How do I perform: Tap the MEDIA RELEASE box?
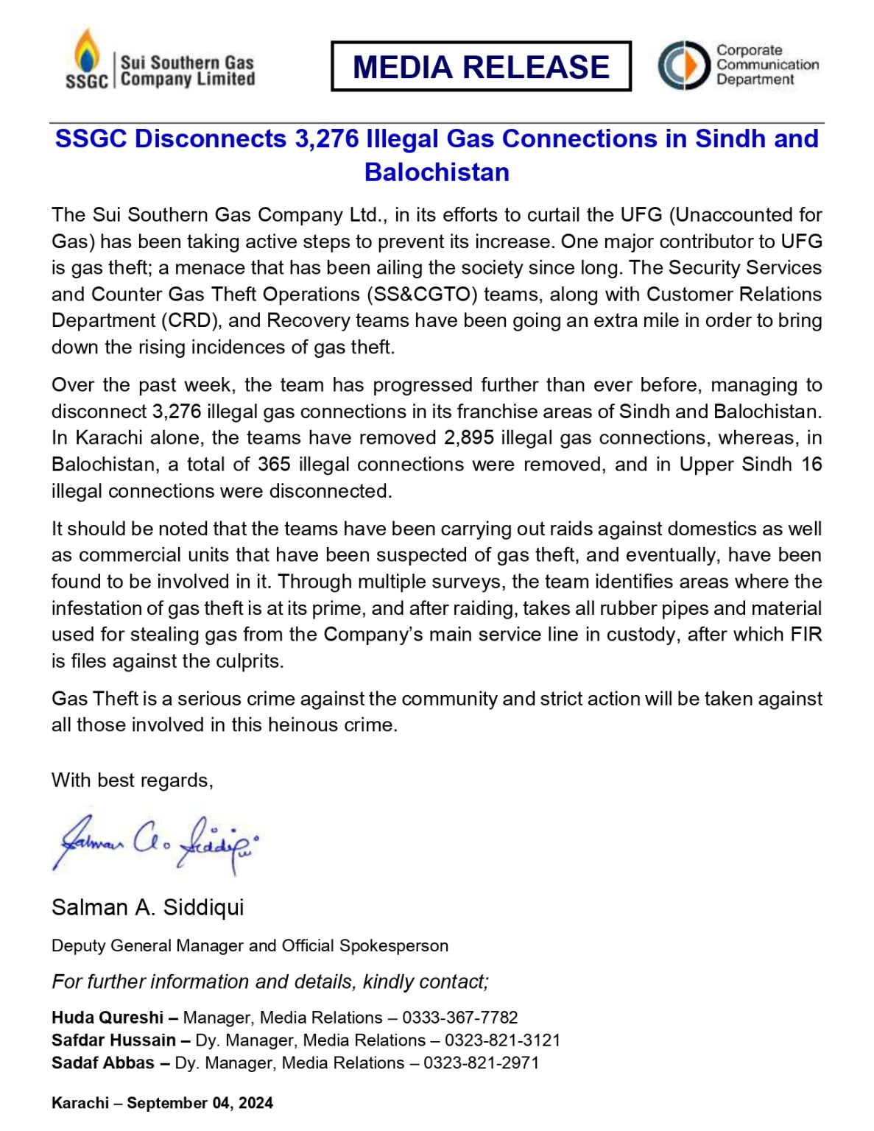click(481, 66)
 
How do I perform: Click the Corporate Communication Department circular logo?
click(683, 66)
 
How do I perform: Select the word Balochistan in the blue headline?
click(437, 172)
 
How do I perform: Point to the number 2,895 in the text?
click(468, 438)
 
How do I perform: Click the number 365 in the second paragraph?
click(274, 465)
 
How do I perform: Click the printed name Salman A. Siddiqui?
click(147, 907)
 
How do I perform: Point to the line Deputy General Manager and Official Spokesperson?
click(250, 946)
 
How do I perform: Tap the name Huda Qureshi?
click(108, 1018)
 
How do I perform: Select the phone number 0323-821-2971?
click(481, 1063)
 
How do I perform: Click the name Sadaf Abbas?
click(102, 1063)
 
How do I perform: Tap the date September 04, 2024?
click(200, 1103)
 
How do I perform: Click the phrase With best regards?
click(132, 781)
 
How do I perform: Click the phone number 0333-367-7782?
click(459, 1018)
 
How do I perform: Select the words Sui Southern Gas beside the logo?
click(187, 63)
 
